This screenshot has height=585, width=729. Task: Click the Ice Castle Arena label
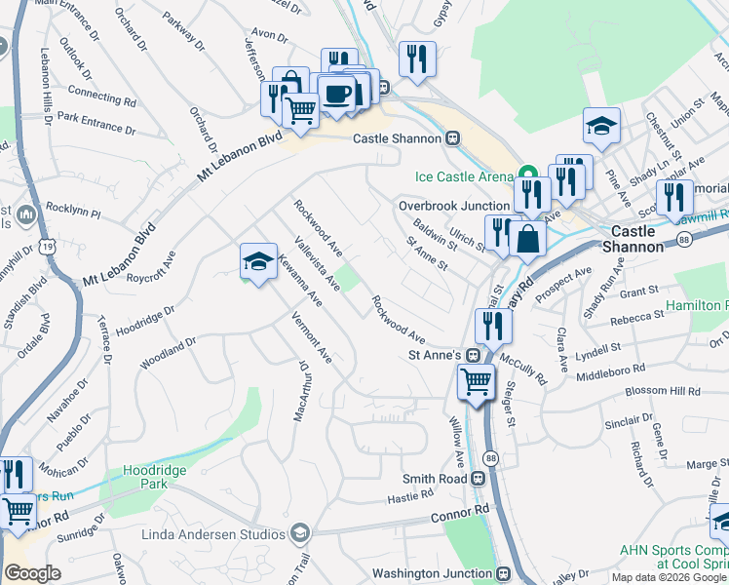pyautogui.click(x=464, y=176)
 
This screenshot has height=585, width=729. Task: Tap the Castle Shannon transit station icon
pyautogui.click(x=453, y=138)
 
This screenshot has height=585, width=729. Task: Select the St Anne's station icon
pyautogui.click(x=472, y=355)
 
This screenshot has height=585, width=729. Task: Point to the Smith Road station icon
pyautogui.click(x=478, y=479)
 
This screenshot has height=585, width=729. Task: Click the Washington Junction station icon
pyautogui.click(x=504, y=573)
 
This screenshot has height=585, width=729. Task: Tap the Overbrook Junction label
pyautogui.click(x=454, y=206)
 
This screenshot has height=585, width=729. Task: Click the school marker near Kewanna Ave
pyautogui.click(x=258, y=261)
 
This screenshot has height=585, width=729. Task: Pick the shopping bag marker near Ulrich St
pyautogui.click(x=527, y=239)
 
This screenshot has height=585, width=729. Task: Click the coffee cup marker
pyautogui.click(x=337, y=95)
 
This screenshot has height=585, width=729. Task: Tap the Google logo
pyautogui.click(x=32, y=572)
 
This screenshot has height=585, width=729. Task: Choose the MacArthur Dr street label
pyautogui.click(x=303, y=392)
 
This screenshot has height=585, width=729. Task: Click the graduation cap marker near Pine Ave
pyautogui.click(x=602, y=126)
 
